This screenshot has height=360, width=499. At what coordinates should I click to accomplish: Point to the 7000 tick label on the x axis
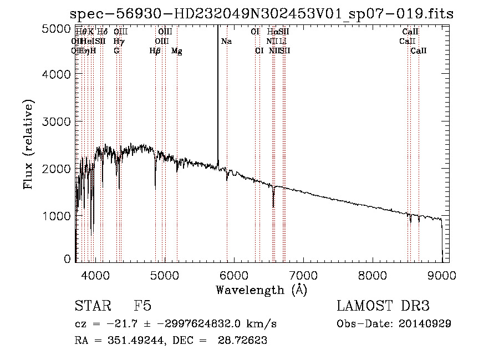tap(303, 274)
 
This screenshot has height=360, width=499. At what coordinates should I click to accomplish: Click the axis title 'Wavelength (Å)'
tap(261, 290)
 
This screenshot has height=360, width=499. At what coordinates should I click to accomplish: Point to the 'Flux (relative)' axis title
tap(28, 144)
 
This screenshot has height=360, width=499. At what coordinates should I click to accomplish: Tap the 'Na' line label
tap(226, 42)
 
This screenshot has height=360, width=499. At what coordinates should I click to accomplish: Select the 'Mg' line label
tap(177, 51)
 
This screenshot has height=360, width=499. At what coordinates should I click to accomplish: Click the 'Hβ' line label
tap(155, 51)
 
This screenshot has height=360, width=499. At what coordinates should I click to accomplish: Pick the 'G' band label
tap(116, 51)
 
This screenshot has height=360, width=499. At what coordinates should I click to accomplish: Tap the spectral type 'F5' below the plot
tap(142, 306)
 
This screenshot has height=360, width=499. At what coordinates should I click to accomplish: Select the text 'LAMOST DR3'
tap(383, 306)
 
